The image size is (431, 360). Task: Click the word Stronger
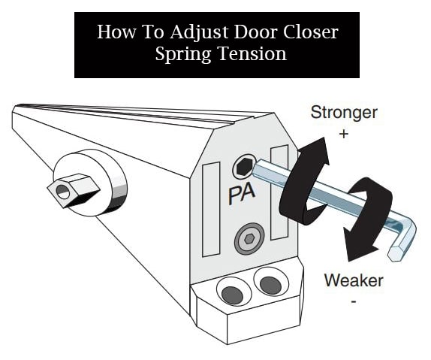[344, 114]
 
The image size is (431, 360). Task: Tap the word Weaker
[354, 281]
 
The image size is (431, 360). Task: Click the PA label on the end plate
[241, 195]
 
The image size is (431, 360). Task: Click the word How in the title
[112, 33]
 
